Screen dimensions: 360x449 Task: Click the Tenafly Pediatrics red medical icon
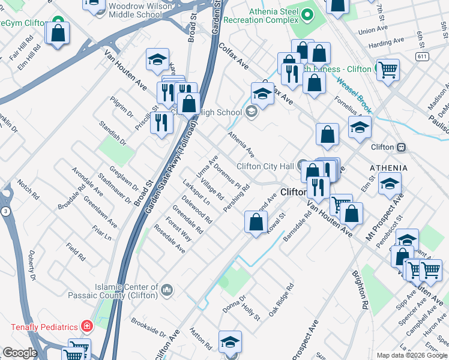pos(88,327)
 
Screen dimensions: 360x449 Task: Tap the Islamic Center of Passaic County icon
pos(166,292)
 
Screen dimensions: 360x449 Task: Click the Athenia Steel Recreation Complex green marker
pos(308,14)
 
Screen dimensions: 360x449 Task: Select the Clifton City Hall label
pos(265,166)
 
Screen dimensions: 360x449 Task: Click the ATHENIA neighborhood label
pos(388,168)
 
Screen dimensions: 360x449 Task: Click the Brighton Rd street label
pos(361,288)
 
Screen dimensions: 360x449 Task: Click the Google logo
pos(20,353)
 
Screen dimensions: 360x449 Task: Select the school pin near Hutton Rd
pos(230,342)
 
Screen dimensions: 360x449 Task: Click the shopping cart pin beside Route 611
pos(388,70)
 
